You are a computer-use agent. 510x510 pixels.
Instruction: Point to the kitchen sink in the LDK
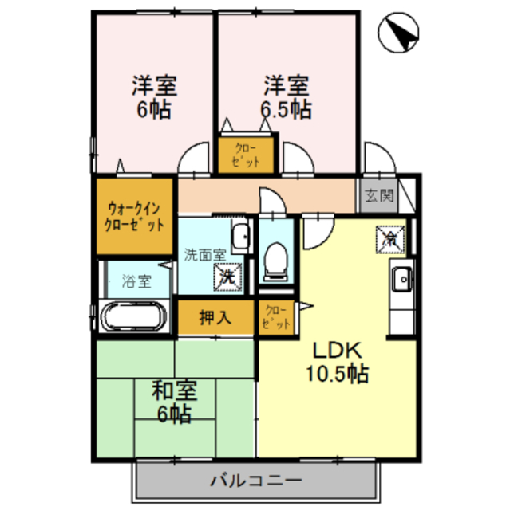coord(400,280)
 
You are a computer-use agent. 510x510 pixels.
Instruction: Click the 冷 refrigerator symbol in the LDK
coord(392,237)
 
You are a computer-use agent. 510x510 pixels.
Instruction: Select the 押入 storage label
coord(215,316)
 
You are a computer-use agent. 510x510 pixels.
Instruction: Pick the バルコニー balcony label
coord(255,481)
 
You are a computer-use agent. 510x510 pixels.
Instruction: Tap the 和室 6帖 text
coord(173,402)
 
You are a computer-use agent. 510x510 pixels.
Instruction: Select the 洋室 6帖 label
coord(154,96)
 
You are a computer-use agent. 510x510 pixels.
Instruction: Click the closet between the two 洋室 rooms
coord(247,155)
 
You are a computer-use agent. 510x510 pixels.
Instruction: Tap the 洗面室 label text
coord(204,255)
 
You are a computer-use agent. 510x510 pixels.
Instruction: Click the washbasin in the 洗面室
coord(239,237)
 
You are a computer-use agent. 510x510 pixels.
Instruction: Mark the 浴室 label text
coord(136,280)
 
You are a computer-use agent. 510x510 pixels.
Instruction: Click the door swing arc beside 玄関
coord(376,159)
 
